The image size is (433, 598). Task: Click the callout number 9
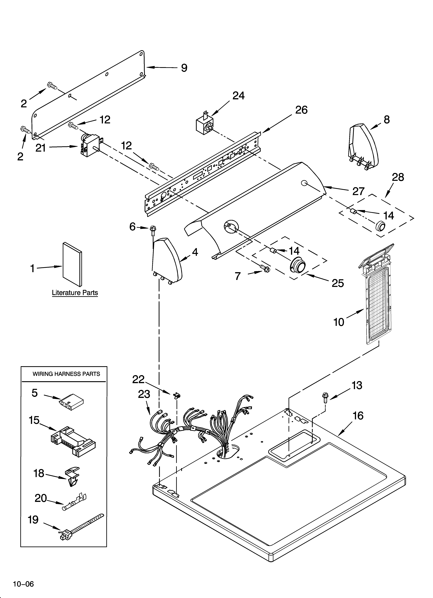coord(184,68)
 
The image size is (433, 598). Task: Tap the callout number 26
coord(301,110)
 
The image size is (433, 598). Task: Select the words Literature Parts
coord(75,293)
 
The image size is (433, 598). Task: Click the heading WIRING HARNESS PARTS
coord(66,374)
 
